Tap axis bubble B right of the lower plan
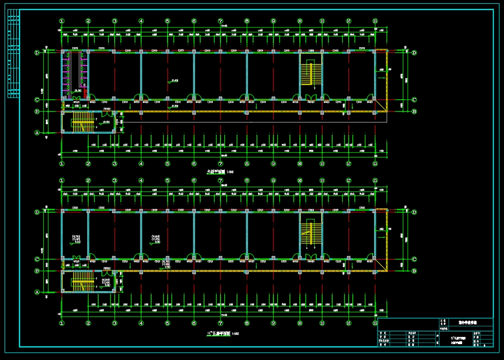click(x=414, y=271)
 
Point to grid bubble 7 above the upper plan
click(x=220, y=21)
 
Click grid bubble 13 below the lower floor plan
click(x=375, y=323)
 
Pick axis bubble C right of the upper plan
click(x=414, y=100)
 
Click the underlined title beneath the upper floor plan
click(x=216, y=171)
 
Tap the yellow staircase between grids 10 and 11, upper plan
click(x=308, y=74)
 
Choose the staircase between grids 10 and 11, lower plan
click(x=308, y=234)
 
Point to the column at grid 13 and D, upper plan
click(x=375, y=51)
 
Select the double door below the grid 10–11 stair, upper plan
click(x=311, y=98)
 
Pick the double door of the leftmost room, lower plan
click(x=76, y=257)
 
